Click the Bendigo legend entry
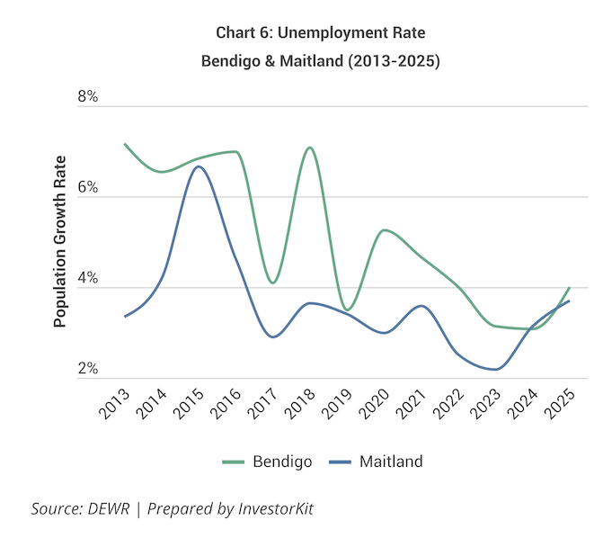coord(267,462)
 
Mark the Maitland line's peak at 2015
coord(199,166)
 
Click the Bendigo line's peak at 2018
coord(310,148)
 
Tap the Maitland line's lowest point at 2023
coord(495,369)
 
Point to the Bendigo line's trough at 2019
coord(348,309)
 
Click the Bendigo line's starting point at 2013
coord(125,144)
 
